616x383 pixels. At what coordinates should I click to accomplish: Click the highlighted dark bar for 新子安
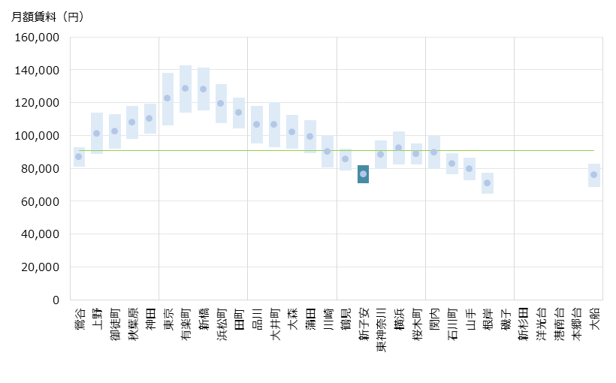[363, 174]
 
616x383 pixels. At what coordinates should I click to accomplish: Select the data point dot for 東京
[168, 98]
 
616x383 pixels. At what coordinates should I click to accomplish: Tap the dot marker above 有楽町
[185, 88]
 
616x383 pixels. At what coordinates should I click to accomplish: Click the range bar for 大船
[593, 175]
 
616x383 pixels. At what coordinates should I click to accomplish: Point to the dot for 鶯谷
[79, 156]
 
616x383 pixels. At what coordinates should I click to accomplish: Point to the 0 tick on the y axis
[56, 300]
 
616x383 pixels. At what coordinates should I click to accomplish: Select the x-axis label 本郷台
[576, 321]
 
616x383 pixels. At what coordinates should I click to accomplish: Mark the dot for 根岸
[488, 182]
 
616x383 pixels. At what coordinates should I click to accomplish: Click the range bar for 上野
[97, 133]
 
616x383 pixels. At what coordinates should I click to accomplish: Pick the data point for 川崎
[328, 151]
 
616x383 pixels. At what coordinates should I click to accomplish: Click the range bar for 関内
[434, 152]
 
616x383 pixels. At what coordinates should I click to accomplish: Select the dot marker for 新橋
[203, 89]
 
